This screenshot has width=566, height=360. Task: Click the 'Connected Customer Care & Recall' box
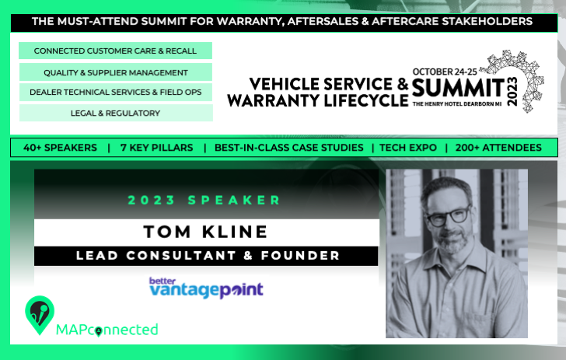point(115,51)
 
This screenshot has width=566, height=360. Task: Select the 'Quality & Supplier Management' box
point(116,72)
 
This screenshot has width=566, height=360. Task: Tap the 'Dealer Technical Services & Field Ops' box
point(116,92)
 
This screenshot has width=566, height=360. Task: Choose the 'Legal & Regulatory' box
point(116,113)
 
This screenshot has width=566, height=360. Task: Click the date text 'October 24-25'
point(445,72)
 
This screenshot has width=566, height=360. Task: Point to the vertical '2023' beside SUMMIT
point(512,92)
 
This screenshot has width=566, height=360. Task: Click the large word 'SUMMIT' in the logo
point(458,88)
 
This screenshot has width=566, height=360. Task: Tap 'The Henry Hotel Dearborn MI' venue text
point(457,104)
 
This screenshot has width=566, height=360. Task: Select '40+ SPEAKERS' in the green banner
point(60,148)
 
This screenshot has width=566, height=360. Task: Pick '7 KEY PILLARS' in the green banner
point(157,148)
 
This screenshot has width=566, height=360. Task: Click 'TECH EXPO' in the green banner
point(408,148)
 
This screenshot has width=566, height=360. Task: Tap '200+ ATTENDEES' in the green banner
point(498,148)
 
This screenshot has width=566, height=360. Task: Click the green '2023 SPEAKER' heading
point(204,200)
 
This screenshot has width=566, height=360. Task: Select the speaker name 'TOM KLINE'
point(205,232)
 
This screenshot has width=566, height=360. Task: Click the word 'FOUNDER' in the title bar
point(300,256)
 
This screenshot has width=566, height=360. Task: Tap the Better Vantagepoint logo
point(207,288)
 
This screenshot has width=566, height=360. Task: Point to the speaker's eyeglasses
point(449,217)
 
